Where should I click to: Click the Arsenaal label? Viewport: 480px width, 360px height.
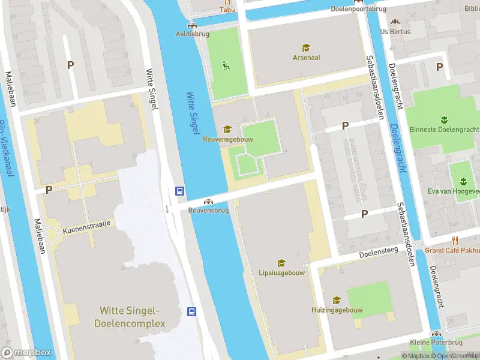306,58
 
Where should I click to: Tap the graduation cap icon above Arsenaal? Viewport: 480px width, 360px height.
306,47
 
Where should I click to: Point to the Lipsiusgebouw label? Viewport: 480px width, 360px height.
281,272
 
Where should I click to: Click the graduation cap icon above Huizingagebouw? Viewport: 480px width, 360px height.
337,300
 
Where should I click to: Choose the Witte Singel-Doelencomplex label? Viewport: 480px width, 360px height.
130,317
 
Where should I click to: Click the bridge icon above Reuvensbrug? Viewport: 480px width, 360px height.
209,202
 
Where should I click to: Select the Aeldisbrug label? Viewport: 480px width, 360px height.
192,34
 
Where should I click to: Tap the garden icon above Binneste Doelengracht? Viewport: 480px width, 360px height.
444,119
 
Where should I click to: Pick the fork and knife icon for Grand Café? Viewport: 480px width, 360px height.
454,241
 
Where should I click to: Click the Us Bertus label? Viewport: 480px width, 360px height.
395,31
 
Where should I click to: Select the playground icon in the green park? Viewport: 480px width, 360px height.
226,65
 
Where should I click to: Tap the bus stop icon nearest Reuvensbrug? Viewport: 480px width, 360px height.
179,191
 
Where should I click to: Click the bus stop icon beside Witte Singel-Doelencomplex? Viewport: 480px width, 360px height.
192,311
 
